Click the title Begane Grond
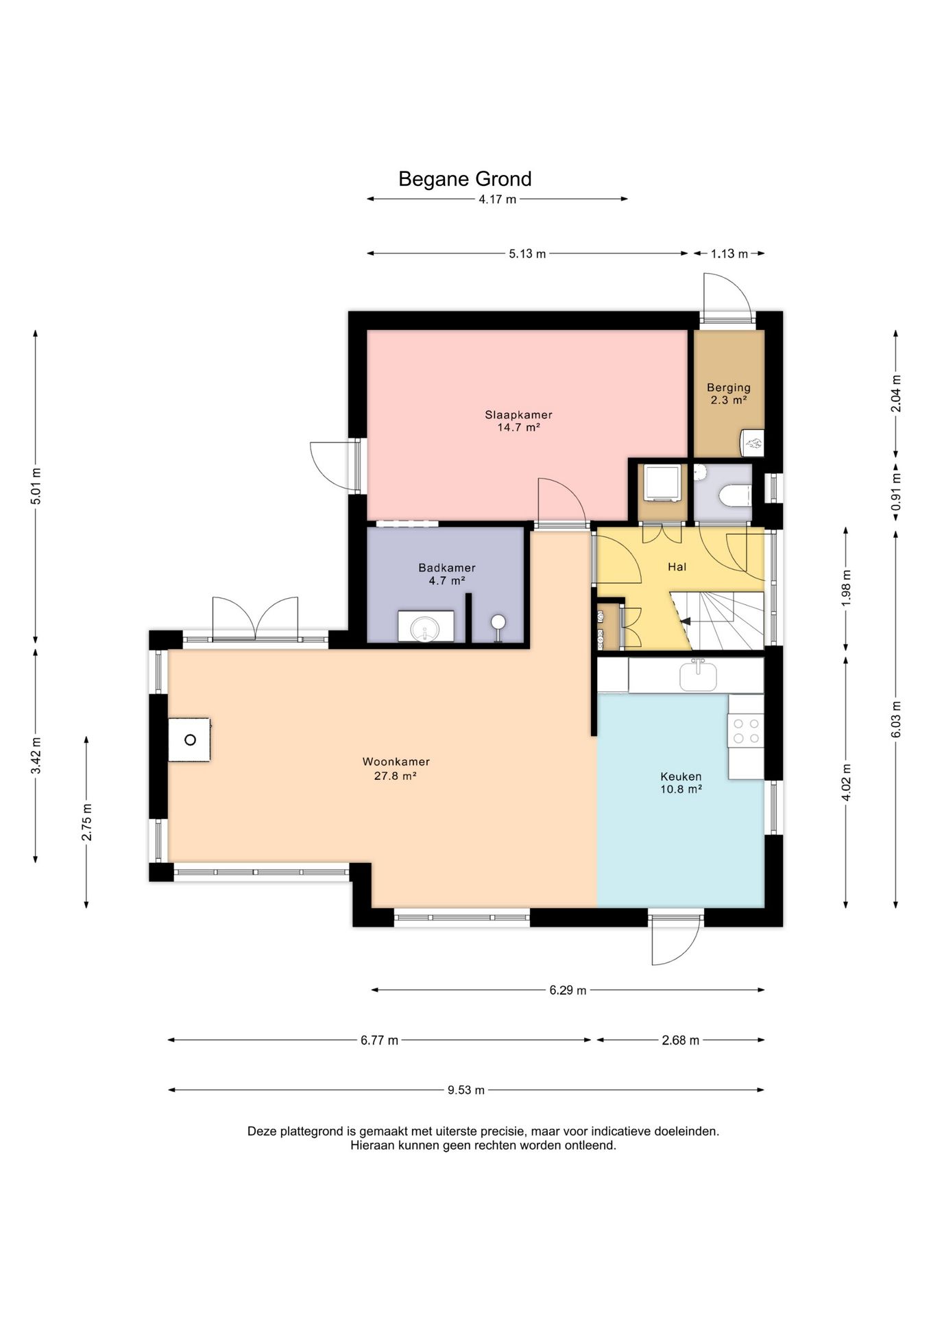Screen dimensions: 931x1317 465,179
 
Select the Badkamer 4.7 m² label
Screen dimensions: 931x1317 447,574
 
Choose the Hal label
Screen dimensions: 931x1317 677,567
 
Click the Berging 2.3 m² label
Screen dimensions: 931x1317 729,394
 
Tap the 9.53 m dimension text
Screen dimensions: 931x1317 466,1090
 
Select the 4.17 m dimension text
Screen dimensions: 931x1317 498,200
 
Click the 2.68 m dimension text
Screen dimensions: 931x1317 681,1041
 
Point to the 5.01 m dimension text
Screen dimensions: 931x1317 36,486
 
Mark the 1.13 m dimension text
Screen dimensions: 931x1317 729,254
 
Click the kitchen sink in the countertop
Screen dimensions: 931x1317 698,676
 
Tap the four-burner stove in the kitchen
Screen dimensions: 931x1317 746,730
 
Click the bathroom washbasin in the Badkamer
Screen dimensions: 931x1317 426,626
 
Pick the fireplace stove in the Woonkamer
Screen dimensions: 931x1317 190,739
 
